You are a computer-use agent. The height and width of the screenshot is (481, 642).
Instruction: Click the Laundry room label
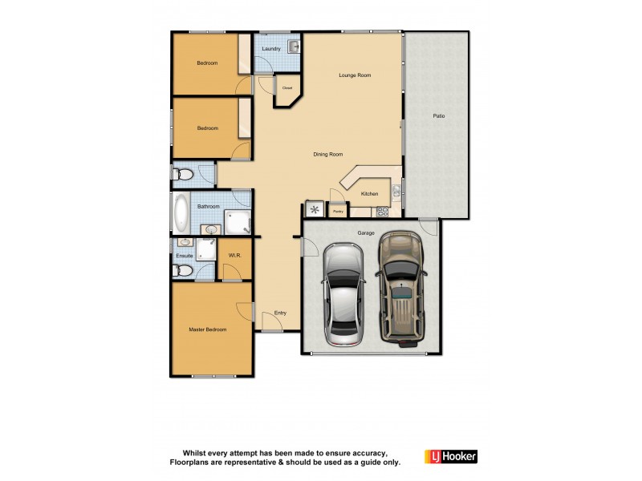click(271, 49)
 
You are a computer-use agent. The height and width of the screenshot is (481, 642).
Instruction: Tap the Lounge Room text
click(355, 75)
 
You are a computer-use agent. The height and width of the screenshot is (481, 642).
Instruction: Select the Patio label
click(439, 116)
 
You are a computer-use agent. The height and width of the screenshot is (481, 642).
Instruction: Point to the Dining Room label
click(328, 154)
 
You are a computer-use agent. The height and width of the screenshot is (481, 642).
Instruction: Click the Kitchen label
click(369, 194)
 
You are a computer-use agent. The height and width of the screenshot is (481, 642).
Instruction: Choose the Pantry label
click(339, 212)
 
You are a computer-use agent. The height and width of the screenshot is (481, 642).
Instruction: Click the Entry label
click(280, 313)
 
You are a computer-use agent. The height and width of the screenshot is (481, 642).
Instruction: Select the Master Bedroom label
click(208, 329)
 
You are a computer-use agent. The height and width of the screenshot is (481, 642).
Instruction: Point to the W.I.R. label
click(235, 256)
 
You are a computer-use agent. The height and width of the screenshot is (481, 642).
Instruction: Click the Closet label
click(286, 88)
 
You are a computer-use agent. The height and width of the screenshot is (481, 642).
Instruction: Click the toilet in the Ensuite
click(182, 270)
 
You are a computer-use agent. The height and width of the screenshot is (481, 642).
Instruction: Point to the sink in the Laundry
click(293, 46)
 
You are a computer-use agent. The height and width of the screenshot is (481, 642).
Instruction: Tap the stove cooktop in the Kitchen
click(383, 212)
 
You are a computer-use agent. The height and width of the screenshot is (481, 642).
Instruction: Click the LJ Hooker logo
click(451, 456)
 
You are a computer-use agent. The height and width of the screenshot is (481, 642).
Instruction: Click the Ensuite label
click(185, 256)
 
